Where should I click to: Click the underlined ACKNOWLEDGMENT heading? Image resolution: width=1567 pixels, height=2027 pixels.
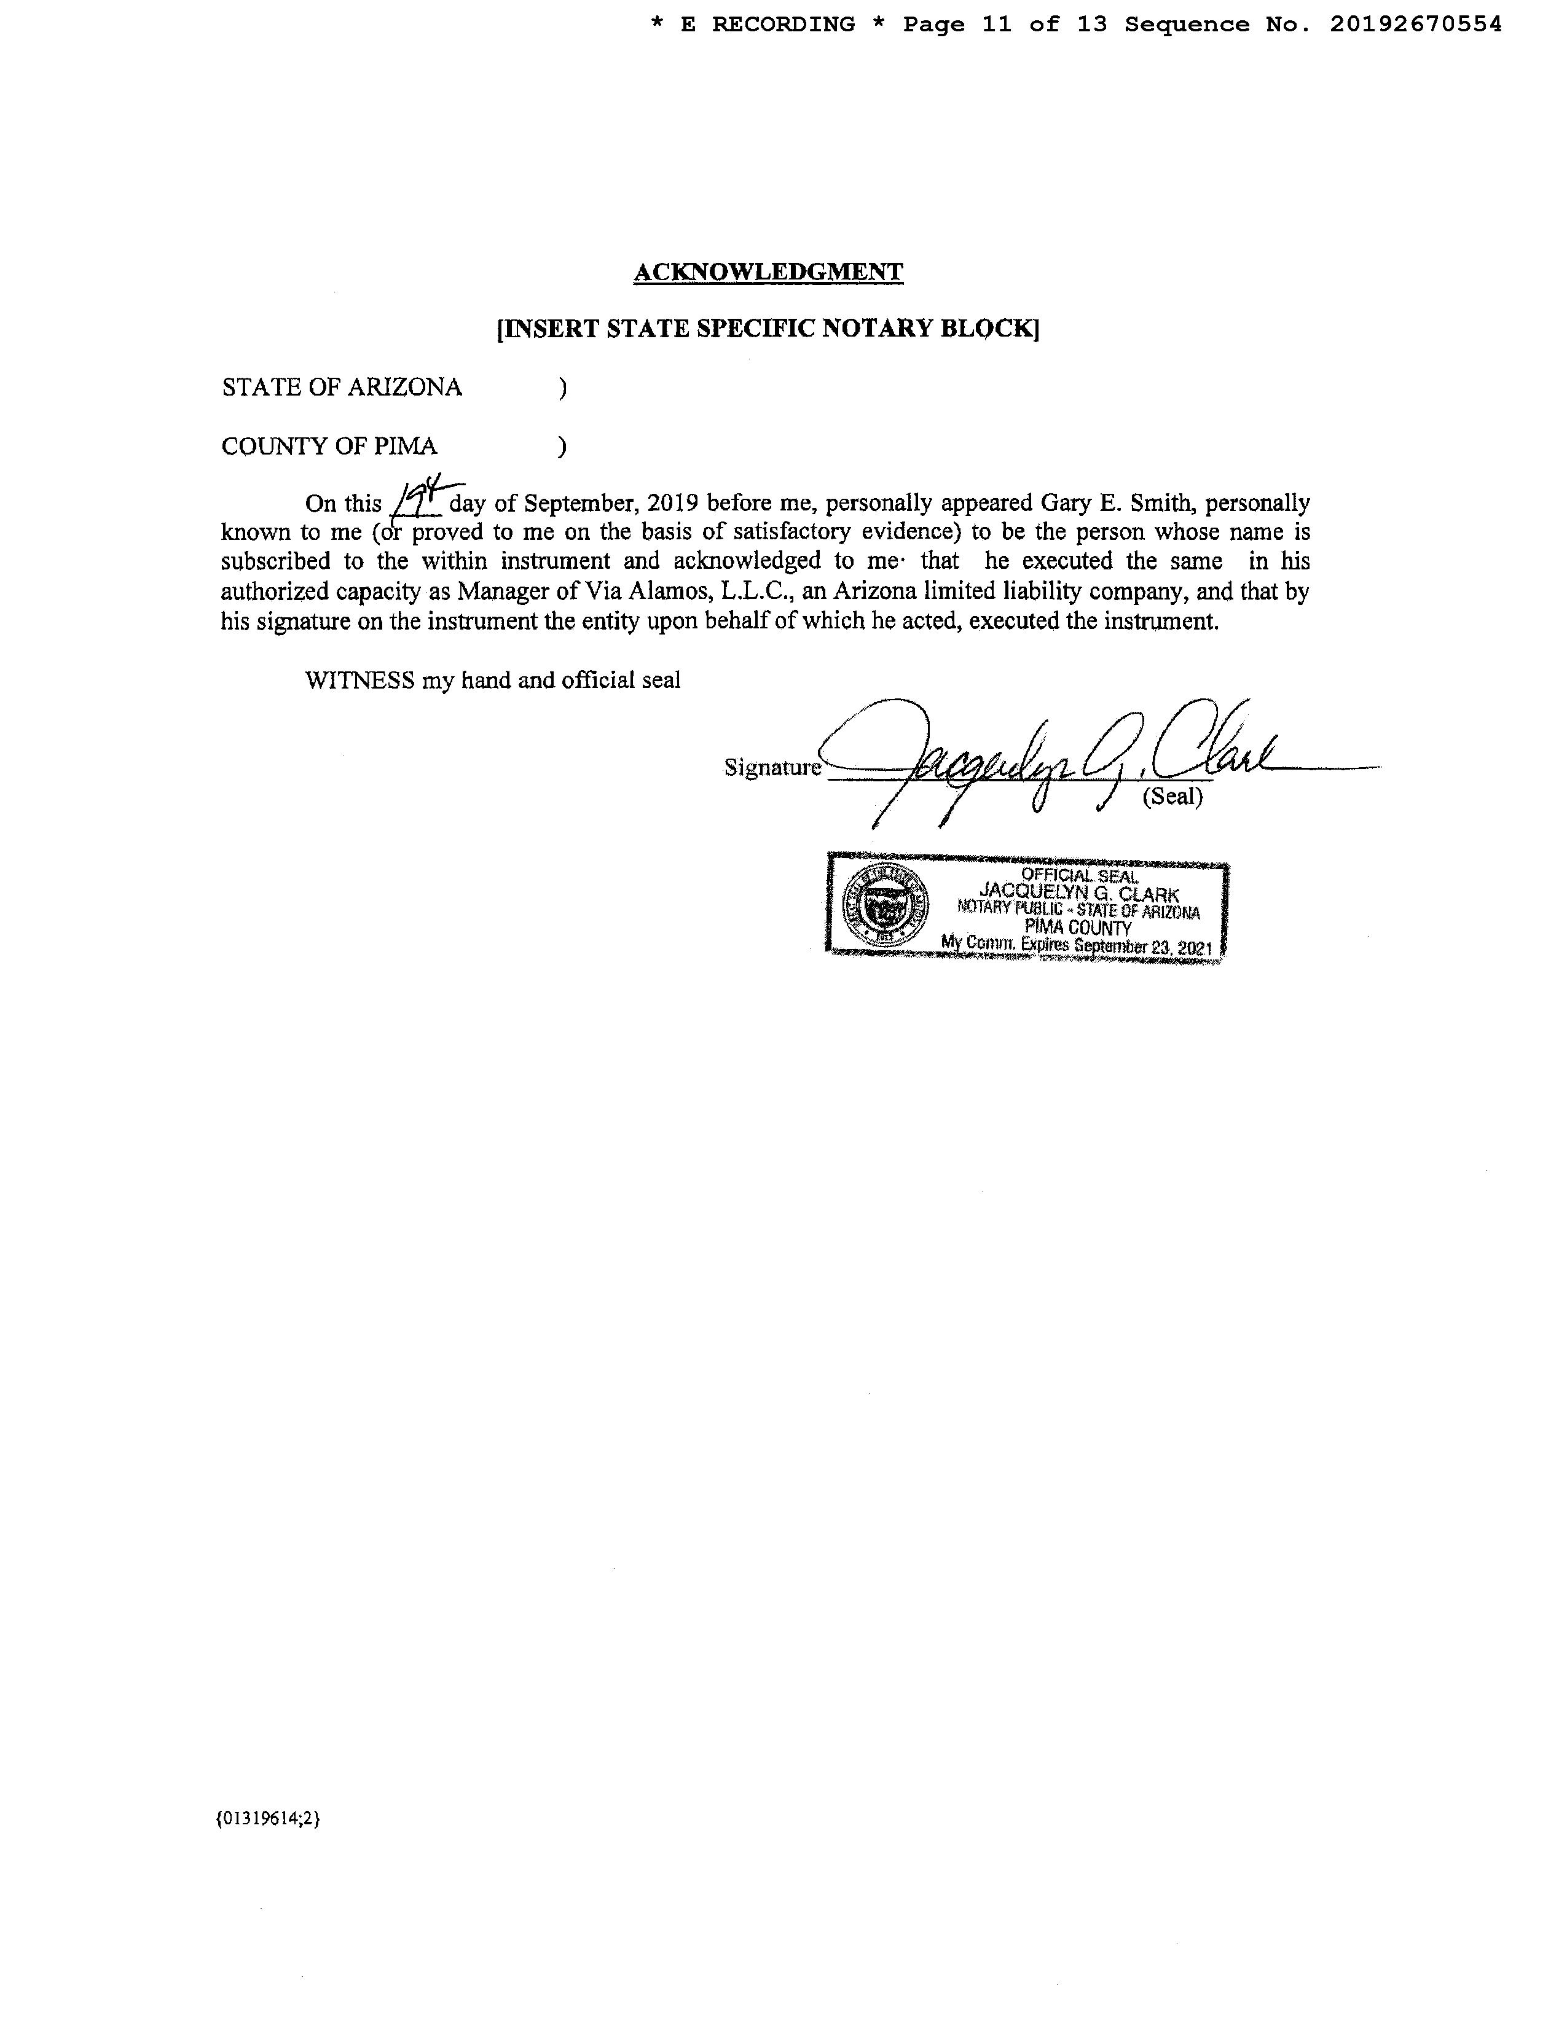click(768, 272)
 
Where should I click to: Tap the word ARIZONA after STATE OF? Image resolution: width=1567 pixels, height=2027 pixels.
click(404, 387)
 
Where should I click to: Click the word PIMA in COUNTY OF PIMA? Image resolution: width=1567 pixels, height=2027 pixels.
click(405, 447)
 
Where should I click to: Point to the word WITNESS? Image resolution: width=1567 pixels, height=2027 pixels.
click(359, 681)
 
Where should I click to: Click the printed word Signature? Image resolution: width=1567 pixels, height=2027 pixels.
click(771, 768)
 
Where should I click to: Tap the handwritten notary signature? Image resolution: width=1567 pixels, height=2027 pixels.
click(1040, 756)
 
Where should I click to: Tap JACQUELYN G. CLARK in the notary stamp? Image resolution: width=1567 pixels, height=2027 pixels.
click(1078, 893)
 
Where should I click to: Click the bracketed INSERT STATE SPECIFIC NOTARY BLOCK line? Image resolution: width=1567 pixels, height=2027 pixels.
click(768, 329)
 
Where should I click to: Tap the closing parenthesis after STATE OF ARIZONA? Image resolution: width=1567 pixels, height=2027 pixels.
click(562, 388)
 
